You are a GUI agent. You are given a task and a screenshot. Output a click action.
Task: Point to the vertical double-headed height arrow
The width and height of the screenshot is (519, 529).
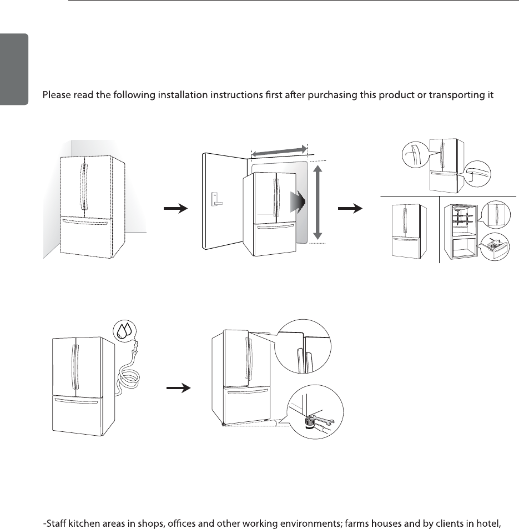(318, 201)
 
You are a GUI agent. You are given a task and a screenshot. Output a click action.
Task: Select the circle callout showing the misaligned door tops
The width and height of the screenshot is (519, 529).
(305, 345)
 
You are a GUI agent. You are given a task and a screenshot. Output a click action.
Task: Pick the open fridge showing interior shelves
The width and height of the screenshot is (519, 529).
(461, 230)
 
